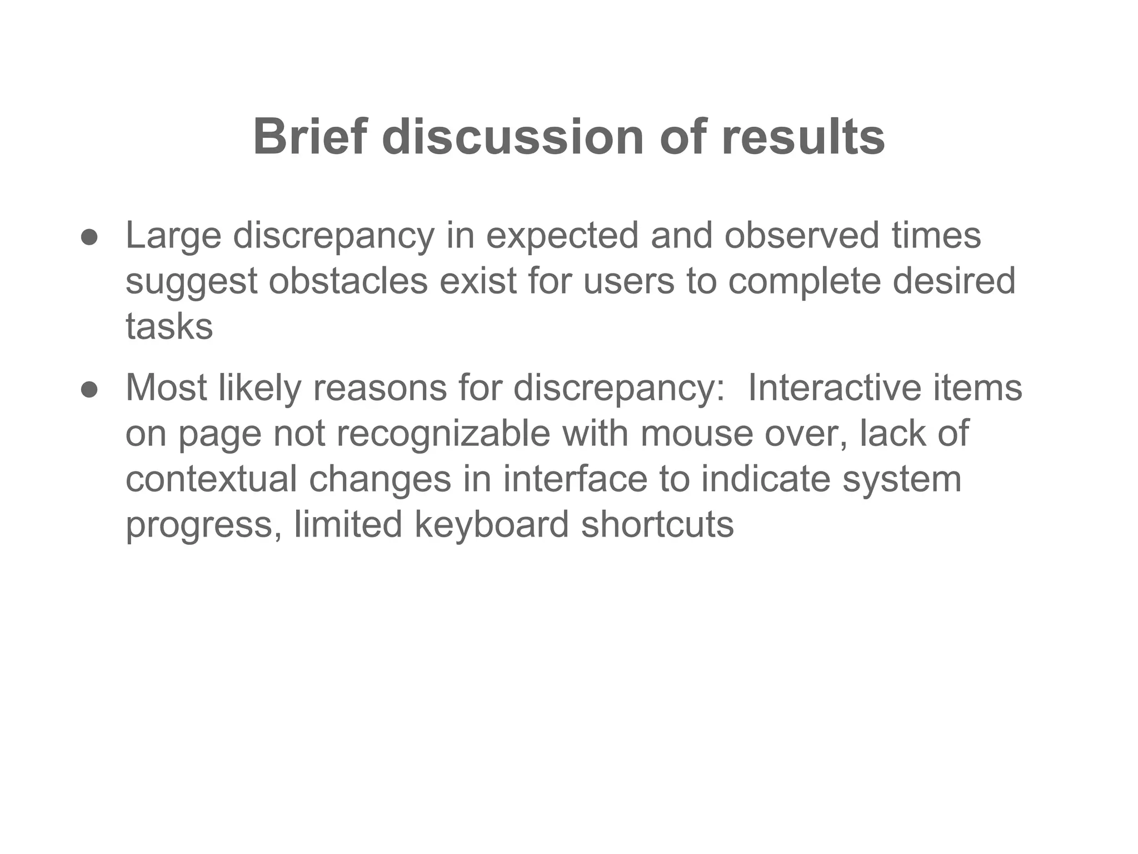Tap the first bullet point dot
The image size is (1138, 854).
[89, 238]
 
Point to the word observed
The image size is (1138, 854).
[802, 236]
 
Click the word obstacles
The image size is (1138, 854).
[348, 281]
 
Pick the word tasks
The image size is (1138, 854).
[169, 326]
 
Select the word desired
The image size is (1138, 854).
[954, 281]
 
